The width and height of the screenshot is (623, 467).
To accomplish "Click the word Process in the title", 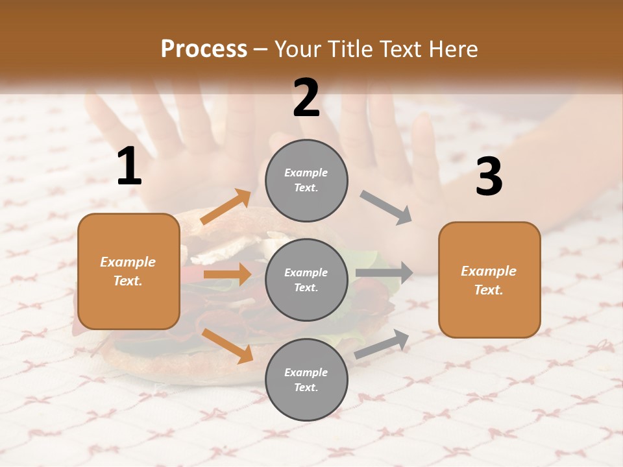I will coord(204,49).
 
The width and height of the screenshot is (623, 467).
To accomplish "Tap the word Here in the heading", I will coord(454,49).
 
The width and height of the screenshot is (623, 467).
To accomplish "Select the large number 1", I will coord(129,167).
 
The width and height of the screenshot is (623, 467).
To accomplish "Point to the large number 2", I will coord(306,98).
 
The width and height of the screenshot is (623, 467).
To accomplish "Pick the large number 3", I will coord(489,177).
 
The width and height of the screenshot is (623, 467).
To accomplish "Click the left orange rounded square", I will coord(128,271).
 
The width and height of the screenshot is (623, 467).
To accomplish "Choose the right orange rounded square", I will coord(489,280).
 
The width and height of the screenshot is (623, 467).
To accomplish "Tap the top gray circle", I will coord(306,180).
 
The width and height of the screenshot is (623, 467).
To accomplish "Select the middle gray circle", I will coord(306,280).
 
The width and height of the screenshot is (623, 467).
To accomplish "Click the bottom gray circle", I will coord(306,379).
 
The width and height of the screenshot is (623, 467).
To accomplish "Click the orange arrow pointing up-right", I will coord(226,207).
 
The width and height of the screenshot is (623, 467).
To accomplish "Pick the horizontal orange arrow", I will coord(227,274).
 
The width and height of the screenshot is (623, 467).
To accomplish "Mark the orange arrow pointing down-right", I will coord(227,346).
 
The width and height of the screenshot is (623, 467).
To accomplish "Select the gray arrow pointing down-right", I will coord(386,208).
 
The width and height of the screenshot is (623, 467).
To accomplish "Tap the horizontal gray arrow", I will coord(384,273).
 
